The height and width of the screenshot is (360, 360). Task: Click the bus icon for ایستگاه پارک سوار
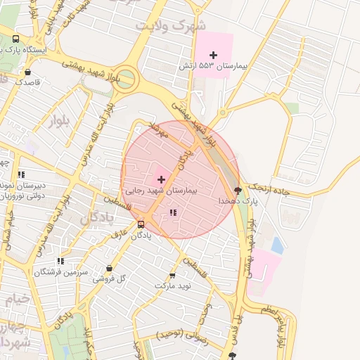point(15,39)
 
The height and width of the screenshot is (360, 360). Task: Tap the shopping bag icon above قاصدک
point(27,71)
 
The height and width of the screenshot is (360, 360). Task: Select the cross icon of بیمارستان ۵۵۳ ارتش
point(213,55)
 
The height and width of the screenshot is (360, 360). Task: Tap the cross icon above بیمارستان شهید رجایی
point(161,179)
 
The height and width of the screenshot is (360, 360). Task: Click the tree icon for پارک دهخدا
point(237,190)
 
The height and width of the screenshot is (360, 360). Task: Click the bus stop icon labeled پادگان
point(141,225)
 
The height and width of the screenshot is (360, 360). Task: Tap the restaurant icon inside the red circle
point(173,212)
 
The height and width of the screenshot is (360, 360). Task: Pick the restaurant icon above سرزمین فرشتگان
point(60,261)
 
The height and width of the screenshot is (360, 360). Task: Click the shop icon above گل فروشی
point(109,268)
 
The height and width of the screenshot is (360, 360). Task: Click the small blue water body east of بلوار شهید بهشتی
point(277,245)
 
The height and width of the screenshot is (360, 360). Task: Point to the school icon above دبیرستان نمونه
point(21,174)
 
